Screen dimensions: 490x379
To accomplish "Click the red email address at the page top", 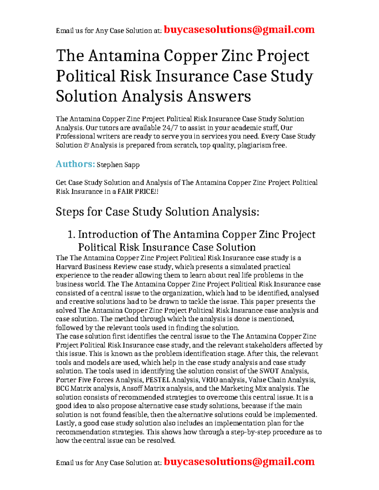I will (x=239, y=30).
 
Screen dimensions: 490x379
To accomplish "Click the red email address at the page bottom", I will (x=239, y=462).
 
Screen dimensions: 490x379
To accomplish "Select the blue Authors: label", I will (x=75, y=164).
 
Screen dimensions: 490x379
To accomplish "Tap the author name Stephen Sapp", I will (x=118, y=165).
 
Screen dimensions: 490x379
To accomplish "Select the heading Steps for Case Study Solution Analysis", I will (x=157, y=212).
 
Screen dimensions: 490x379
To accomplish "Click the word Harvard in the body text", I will (x=68, y=267).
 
